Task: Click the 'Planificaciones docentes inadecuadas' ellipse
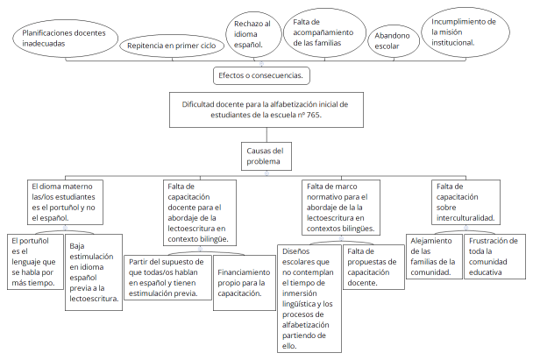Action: pos(59,37)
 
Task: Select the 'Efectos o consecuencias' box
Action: pos(260,76)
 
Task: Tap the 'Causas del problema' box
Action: pos(265,155)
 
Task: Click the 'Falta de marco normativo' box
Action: pos(340,207)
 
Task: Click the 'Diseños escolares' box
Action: pos(307,297)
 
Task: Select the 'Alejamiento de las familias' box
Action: pos(434,256)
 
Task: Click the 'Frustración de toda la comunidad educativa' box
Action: pos(493,256)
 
